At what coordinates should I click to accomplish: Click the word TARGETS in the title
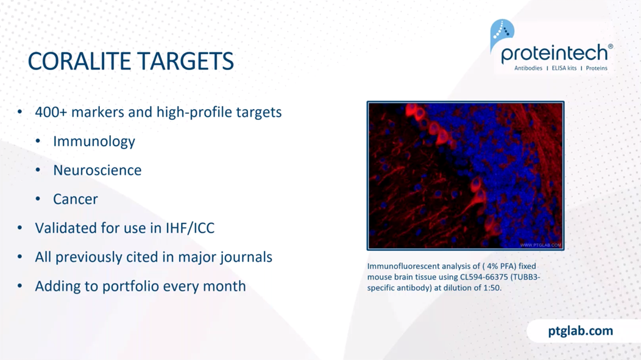click(183, 62)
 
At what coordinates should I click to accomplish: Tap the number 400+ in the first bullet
click(51, 112)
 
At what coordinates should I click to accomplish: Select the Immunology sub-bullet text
click(94, 141)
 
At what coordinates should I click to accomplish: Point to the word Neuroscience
click(97, 170)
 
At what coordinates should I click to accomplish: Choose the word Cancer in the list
click(76, 199)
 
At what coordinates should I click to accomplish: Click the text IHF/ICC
click(189, 228)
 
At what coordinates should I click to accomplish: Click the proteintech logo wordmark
click(554, 54)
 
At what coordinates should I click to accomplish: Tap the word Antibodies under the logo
click(528, 68)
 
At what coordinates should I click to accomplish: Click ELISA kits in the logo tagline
click(564, 68)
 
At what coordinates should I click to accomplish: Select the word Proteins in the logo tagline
click(597, 68)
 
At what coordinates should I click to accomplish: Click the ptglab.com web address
click(581, 331)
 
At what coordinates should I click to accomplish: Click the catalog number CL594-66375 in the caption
click(484, 277)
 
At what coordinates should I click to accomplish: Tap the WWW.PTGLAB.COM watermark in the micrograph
click(540, 245)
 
